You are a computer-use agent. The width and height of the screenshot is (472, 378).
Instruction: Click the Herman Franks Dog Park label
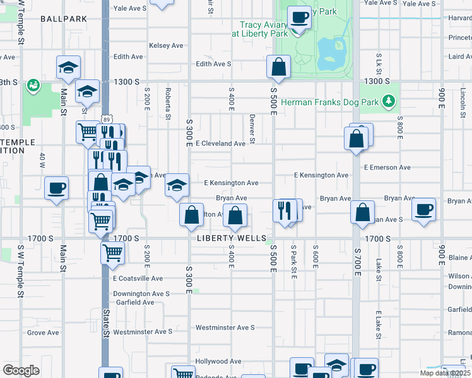click(x=329, y=101)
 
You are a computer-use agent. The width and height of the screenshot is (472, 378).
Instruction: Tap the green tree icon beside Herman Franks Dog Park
click(x=389, y=101)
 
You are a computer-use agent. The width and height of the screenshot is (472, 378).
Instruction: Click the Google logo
click(x=21, y=370)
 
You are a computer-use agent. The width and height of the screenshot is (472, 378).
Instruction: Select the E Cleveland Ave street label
click(x=220, y=144)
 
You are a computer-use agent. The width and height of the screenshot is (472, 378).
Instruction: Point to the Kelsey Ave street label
click(x=166, y=45)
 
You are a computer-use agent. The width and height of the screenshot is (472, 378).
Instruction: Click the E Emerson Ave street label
click(x=387, y=168)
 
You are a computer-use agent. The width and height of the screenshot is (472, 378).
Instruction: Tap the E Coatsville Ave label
click(x=138, y=278)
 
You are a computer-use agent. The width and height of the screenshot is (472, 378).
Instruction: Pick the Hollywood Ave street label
click(x=218, y=362)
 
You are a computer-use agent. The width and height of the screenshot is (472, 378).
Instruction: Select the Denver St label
click(x=252, y=128)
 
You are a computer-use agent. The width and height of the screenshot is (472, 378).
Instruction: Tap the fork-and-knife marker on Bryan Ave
click(x=285, y=210)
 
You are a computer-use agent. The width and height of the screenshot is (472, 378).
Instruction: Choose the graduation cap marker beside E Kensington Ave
click(x=177, y=185)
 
